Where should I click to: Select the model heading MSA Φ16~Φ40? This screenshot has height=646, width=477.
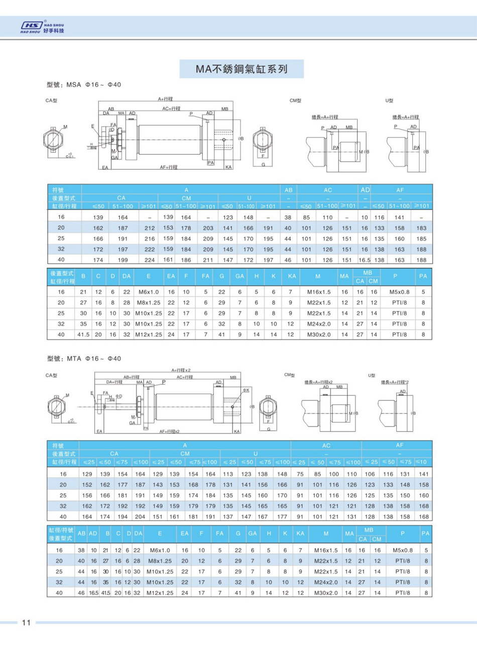84,85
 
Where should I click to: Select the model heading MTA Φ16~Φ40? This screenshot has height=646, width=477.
84,359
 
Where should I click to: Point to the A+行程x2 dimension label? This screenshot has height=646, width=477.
181,370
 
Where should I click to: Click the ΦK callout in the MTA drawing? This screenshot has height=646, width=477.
246,390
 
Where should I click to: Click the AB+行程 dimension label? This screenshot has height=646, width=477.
131,377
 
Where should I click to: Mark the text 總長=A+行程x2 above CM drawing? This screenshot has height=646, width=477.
322,382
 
